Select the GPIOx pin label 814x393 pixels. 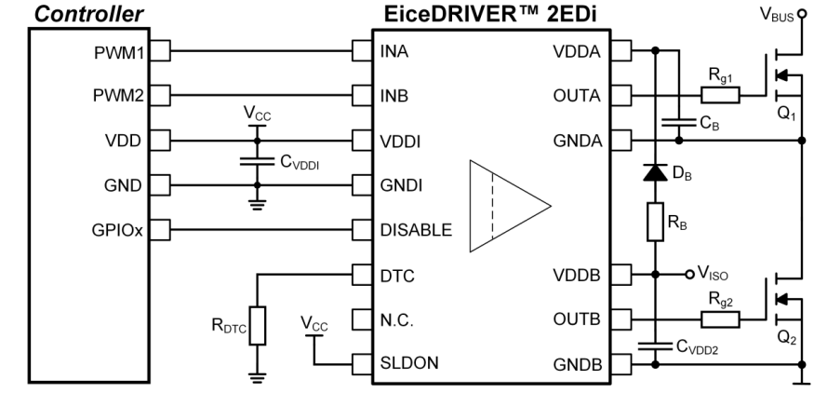point(119,229)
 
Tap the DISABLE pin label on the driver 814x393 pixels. point(416,229)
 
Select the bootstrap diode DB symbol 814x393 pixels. point(655,173)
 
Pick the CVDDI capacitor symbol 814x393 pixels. point(251,161)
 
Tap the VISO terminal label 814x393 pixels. point(714,276)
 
